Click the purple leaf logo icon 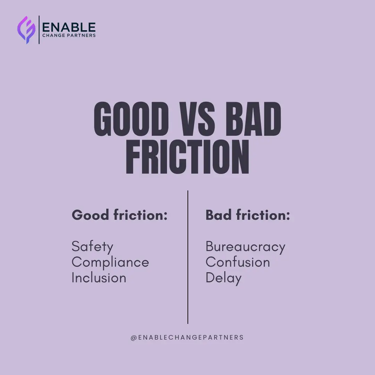(26, 30)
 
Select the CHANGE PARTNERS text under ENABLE (69, 35)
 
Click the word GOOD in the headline (131, 119)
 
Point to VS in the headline (197, 119)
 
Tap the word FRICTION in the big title (187, 157)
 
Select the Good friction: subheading (119, 215)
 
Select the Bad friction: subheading (248, 215)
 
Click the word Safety (92, 247)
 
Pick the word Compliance (110, 262)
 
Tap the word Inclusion (99, 278)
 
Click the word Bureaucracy (245, 247)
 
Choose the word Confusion (237, 262)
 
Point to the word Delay (223, 278)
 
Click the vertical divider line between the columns (188, 257)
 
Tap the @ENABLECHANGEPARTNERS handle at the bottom (187, 337)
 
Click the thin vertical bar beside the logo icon (39, 30)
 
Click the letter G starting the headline (105, 119)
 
